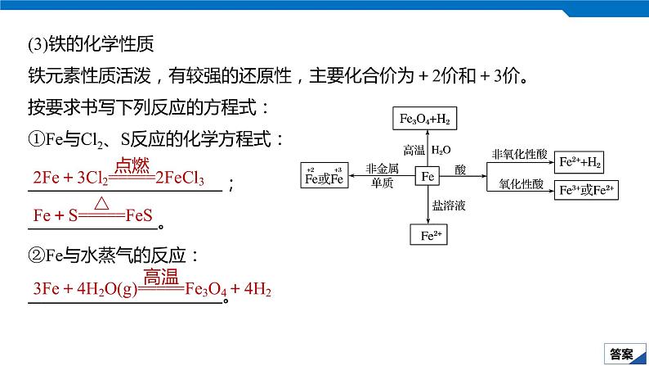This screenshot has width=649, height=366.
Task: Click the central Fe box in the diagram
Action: pyautogui.click(x=428, y=176)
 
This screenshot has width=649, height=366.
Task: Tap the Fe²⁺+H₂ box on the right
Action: pyautogui.click(x=580, y=162)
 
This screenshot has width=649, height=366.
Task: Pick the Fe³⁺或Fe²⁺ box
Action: pyautogui.click(x=587, y=191)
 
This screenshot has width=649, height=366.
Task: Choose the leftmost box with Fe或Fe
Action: pyautogui.click(x=324, y=175)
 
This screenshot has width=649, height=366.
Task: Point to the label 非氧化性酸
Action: pyautogui.click(x=517, y=154)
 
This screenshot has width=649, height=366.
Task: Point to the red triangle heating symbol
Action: pyautogui.click(x=101, y=202)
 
